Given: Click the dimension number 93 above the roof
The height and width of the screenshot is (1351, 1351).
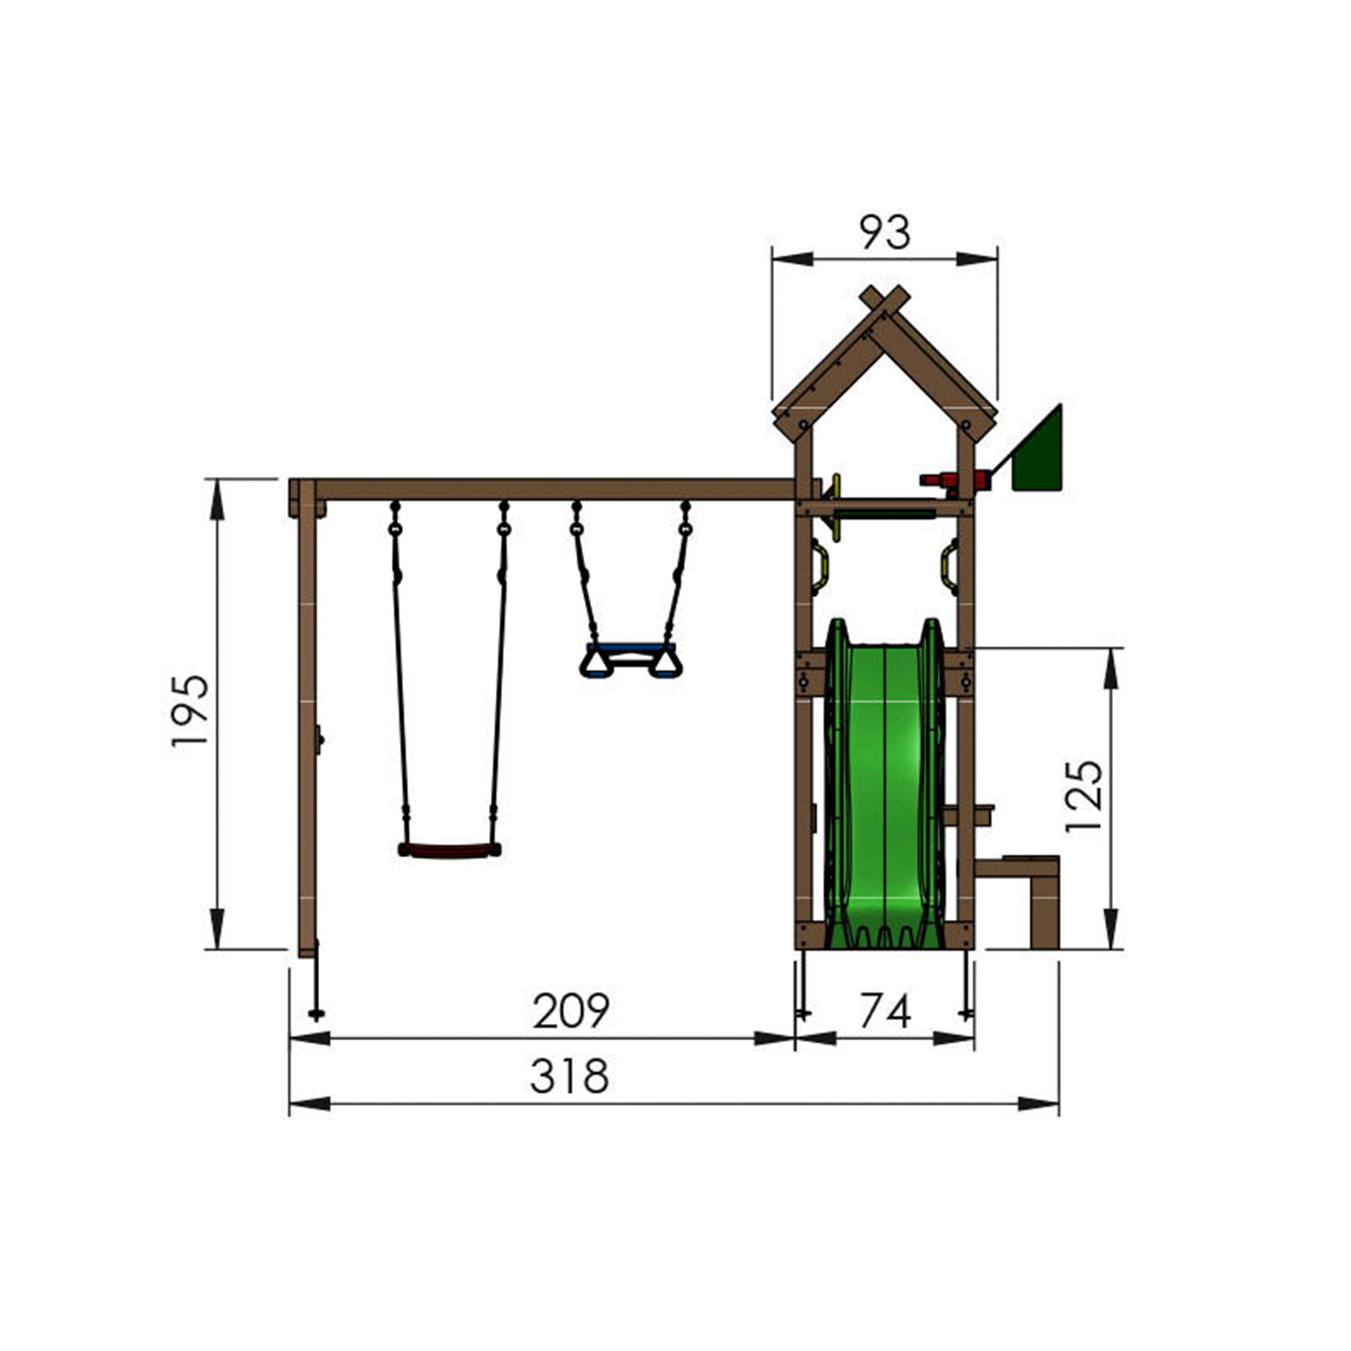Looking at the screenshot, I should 885,233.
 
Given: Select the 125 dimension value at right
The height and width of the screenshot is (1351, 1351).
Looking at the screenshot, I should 1084,796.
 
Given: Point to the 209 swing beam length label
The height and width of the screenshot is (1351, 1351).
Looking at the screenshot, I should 571,1010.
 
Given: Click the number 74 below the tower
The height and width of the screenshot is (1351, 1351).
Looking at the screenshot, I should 886,1011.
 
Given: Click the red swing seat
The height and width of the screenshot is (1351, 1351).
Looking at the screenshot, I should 449,850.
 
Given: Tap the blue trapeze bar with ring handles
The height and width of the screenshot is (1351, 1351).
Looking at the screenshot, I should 631,659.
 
